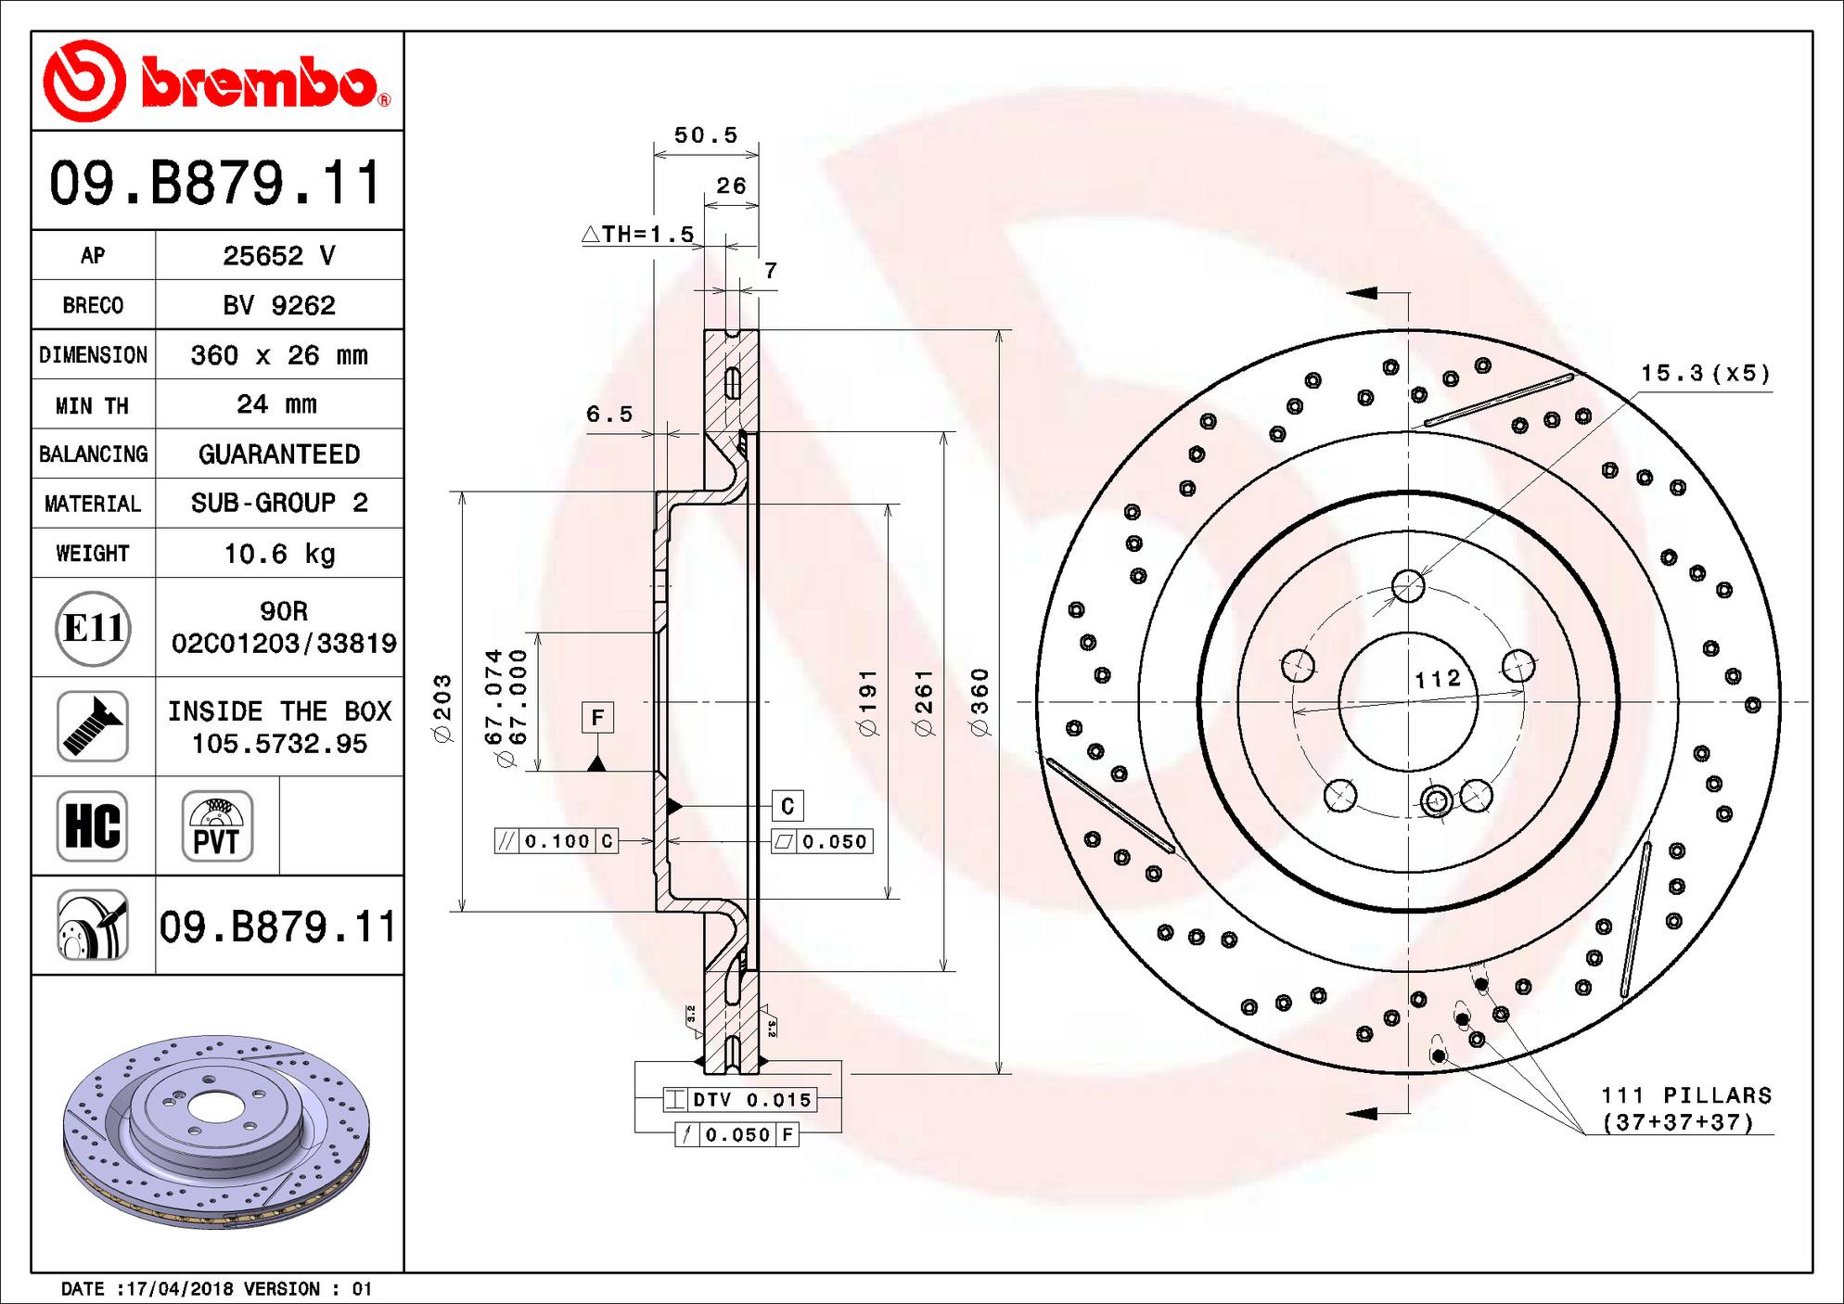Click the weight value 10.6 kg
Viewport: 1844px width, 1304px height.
pyautogui.click(x=279, y=554)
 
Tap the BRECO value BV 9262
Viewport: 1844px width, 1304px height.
pyautogui.click(x=278, y=305)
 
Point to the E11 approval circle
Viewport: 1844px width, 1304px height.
pyautogui.click(x=93, y=628)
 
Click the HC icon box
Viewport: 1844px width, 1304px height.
pyautogui.click(x=93, y=826)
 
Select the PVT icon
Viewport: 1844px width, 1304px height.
pyautogui.click(x=217, y=826)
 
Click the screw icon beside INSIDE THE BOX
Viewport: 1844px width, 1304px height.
pyautogui.click(x=93, y=727)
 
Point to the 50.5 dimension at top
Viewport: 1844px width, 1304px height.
pyautogui.click(x=706, y=135)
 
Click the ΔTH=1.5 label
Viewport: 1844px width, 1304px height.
pyautogui.click(x=638, y=235)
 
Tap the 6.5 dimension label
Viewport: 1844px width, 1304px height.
pyautogui.click(x=609, y=415)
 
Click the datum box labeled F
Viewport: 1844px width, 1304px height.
pyautogui.click(x=597, y=717)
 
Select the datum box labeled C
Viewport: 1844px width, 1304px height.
pyautogui.click(x=788, y=805)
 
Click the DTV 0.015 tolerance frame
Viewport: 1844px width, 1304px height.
pyautogui.click(x=740, y=1100)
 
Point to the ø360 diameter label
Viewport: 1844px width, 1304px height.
pyautogui.click(x=980, y=702)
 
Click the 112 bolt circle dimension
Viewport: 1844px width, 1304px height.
pyautogui.click(x=1438, y=679)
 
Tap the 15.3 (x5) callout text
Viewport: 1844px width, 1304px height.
pyautogui.click(x=1705, y=373)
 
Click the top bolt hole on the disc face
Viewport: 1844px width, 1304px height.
pyautogui.click(x=1408, y=585)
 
